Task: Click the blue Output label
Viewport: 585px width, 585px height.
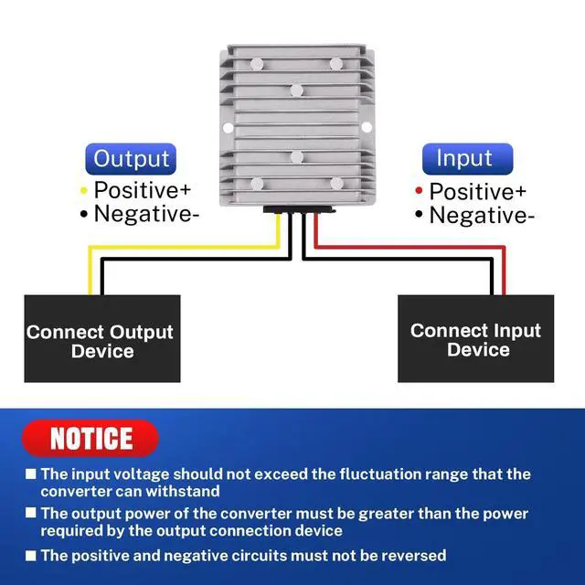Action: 132,158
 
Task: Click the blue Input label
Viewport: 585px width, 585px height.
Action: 464,158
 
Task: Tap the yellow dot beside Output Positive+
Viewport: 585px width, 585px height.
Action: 84,190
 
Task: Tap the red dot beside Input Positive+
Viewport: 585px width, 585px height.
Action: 419,191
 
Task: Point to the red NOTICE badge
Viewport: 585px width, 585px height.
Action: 90,438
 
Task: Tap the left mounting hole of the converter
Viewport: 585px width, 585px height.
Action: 226,126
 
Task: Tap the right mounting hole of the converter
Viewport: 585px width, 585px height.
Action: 367,126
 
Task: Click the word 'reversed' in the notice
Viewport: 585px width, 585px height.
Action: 406,555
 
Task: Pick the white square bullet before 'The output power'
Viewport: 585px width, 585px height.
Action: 30,515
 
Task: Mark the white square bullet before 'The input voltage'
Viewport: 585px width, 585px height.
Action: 30,474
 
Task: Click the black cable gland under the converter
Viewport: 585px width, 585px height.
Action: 298,209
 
